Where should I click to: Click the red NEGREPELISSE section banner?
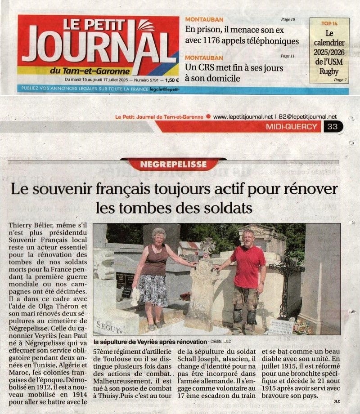point(173,164)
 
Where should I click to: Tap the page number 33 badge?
point(333,127)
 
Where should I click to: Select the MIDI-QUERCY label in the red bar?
point(292,127)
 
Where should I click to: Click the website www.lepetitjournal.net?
point(243,117)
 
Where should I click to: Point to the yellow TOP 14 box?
point(329,50)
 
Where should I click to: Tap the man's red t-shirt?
point(247,267)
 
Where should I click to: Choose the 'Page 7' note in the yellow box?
point(340,80)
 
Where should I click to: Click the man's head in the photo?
point(247,237)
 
